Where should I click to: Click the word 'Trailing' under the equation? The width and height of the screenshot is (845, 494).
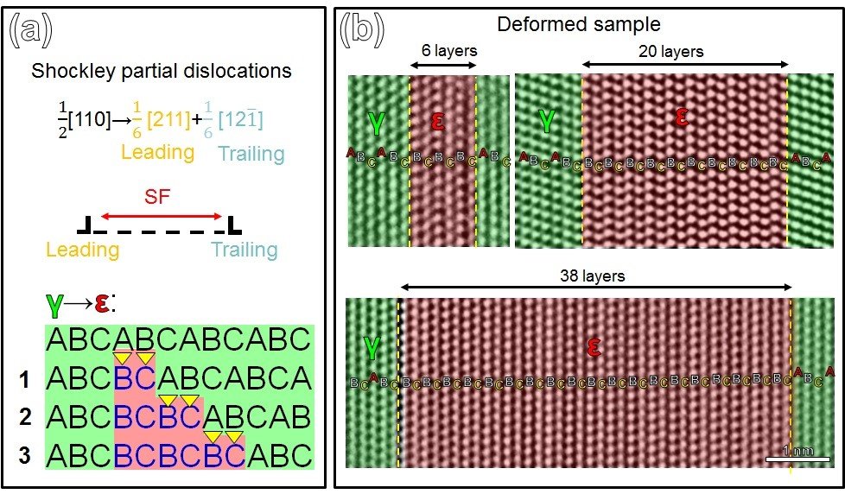coord(251,155)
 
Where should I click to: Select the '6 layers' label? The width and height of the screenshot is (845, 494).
coord(443,50)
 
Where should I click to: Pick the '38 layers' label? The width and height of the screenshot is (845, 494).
coord(594,276)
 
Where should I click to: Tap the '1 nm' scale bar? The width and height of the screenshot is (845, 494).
coord(791,454)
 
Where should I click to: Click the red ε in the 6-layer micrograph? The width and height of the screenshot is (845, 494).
coord(437,122)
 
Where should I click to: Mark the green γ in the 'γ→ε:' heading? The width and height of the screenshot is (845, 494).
coord(55,305)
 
